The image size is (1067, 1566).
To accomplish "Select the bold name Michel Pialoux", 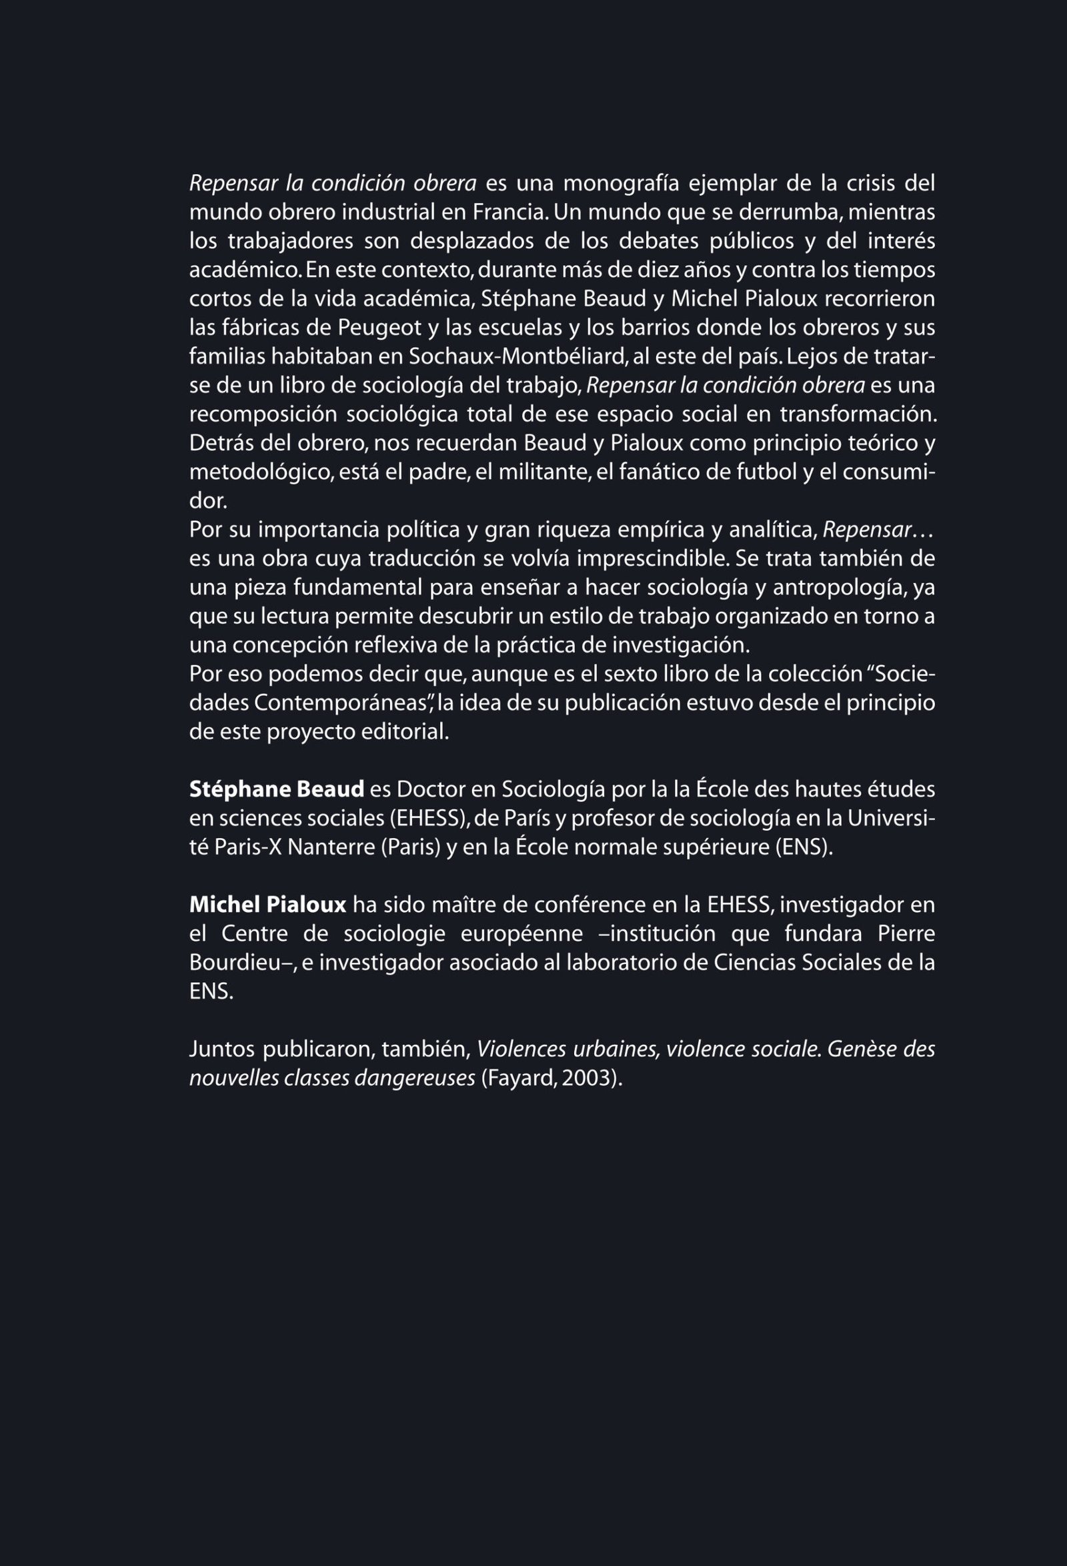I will click(267, 904).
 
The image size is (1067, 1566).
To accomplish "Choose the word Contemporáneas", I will click(343, 703).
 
